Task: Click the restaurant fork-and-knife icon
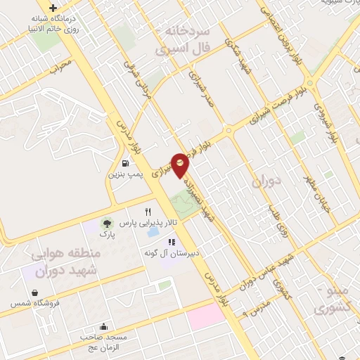pyautogui.click(x=148, y=211)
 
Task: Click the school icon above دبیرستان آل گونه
pyautogui.click(x=172, y=242)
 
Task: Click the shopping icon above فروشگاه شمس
pyautogui.click(x=34, y=292)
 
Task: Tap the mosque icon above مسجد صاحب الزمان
pyautogui.click(x=105, y=326)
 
